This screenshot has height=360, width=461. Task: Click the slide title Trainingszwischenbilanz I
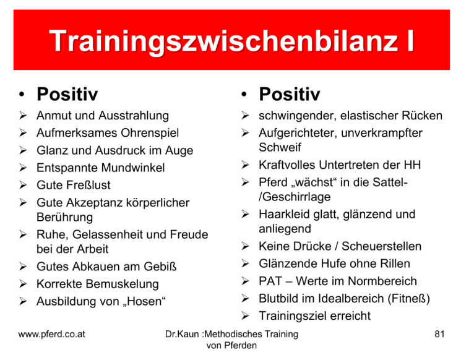(231, 41)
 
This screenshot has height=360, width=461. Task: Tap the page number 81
(439, 334)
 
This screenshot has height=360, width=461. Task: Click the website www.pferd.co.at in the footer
(52, 335)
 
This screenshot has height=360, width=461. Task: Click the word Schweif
(280, 147)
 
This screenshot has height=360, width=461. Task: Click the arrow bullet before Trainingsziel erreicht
(245, 316)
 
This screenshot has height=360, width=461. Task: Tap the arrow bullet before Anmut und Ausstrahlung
(23, 116)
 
